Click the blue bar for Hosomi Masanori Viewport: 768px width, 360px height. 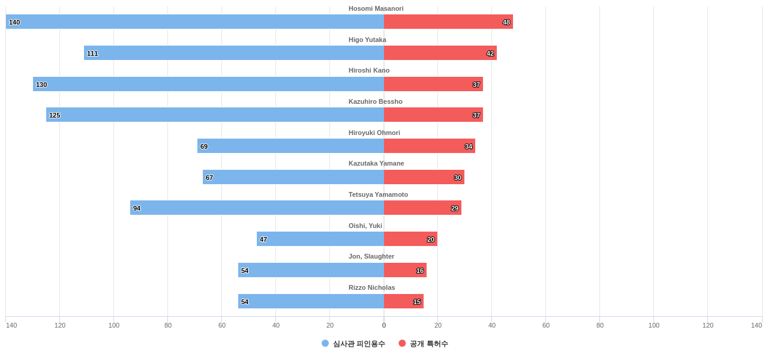[195, 22]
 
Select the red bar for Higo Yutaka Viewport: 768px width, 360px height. [440, 53]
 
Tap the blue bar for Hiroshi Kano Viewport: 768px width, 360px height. [208, 84]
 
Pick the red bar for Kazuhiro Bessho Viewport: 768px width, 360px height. [433, 115]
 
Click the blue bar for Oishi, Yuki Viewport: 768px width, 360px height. [320, 239]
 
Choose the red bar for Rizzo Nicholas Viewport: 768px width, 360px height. [403, 301]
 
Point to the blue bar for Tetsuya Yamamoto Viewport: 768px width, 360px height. [257, 208]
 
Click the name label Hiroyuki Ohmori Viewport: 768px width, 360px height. [374, 133]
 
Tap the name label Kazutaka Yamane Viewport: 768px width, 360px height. [376, 163]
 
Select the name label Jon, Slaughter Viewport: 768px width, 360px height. [371, 256]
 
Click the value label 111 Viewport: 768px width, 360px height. [92, 53]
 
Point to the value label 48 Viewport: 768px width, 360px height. [506, 22]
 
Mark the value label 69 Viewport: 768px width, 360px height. [204, 146]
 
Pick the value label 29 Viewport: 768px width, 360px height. [455, 208]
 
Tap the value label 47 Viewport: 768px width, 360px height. [263, 239]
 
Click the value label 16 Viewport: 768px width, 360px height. [420, 271]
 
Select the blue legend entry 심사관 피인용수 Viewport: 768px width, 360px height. [353, 343]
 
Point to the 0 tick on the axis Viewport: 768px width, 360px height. [384, 325]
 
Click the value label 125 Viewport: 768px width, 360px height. [55, 115]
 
